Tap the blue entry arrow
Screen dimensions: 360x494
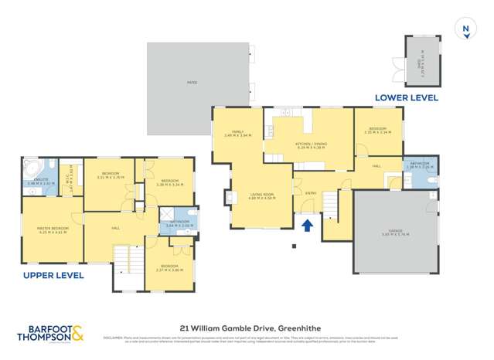pyautogui.click(x=307, y=226)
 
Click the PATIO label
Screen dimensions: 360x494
pyautogui.click(x=192, y=83)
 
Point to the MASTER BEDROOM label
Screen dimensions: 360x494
pyautogui.click(x=53, y=229)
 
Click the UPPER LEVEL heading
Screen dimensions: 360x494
pyautogui.click(x=49, y=275)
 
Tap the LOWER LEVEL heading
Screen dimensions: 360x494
pyautogui.click(x=407, y=98)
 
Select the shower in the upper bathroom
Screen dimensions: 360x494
pyautogui.click(x=167, y=217)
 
